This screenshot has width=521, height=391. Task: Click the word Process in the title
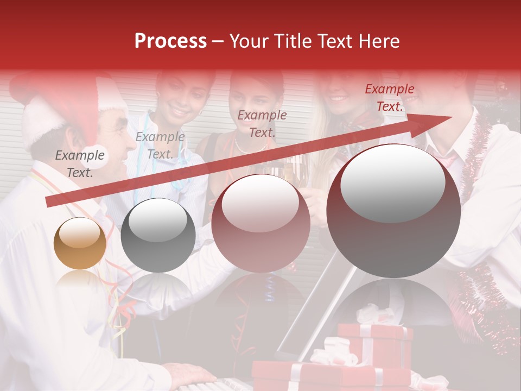click(170, 41)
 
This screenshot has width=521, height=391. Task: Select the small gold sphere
click(80, 243)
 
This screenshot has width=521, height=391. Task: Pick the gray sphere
click(158, 235)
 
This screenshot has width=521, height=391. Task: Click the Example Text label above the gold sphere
click(80, 164)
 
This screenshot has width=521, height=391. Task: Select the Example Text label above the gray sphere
click(160, 146)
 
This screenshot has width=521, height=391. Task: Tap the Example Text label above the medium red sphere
click(262, 123)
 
